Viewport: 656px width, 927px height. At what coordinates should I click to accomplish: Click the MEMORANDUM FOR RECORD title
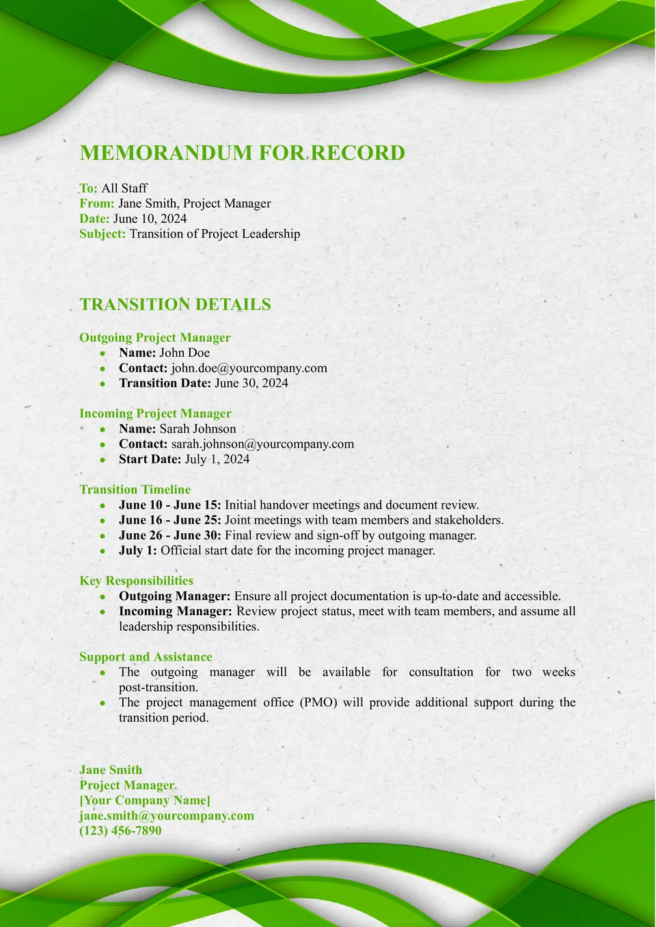[243, 152]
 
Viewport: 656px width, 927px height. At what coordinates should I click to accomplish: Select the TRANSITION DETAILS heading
[175, 304]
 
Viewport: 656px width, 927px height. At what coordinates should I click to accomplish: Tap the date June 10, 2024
[150, 219]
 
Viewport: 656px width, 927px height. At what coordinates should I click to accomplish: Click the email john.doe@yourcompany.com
[249, 368]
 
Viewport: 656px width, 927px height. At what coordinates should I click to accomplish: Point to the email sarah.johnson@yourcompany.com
[262, 444]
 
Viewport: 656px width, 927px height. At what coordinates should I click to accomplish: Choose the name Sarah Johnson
[197, 429]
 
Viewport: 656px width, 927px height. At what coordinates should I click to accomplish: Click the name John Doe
[184, 353]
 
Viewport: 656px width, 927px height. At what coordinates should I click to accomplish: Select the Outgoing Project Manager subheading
[154, 338]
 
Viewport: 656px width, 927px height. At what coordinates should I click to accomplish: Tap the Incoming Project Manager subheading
[155, 414]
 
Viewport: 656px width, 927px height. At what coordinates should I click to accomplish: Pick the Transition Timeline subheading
[135, 489]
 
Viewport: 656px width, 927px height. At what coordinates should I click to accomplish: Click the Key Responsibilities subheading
[136, 581]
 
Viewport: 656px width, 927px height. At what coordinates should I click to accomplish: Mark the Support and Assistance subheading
[146, 657]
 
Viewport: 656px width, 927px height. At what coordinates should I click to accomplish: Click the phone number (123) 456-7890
[120, 831]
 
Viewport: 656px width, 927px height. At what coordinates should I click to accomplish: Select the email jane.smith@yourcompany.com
[166, 816]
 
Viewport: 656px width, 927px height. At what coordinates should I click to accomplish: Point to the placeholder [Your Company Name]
[145, 801]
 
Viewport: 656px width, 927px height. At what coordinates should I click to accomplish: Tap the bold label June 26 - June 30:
[169, 535]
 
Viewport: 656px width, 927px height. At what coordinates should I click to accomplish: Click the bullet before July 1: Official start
[102, 551]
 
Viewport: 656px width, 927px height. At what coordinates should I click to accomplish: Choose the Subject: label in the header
[102, 234]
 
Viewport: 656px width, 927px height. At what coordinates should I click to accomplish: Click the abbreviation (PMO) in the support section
[318, 703]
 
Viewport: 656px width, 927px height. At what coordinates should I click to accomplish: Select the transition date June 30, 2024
[251, 383]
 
